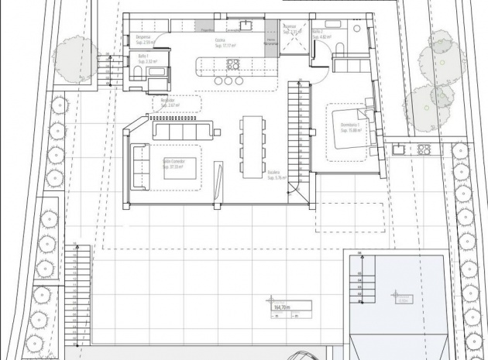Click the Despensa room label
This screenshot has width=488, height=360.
[x=143, y=36]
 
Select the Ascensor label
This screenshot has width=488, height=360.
[x=290, y=26]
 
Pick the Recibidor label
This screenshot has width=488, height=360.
[x=167, y=101]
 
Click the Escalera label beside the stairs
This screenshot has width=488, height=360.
[x=273, y=172]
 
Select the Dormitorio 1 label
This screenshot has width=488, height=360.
[x=350, y=126]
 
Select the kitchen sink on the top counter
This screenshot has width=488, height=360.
[x=245, y=24]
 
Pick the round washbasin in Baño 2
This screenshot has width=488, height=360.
[x=356, y=27]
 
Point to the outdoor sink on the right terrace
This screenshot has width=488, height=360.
[x=397, y=149]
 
